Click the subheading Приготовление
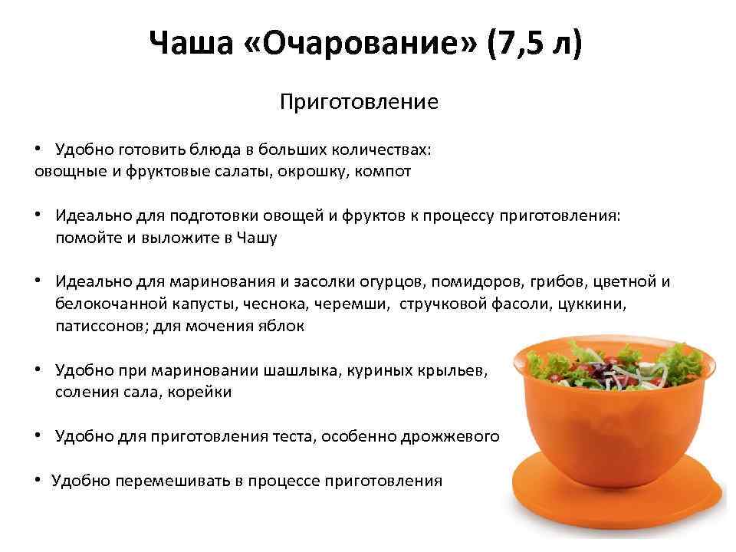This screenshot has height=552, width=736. pyautogui.click(x=359, y=102)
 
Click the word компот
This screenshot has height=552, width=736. pyautogui.click(x=383, y=171)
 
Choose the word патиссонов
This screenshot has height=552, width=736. pyautogui.click(x=101, y=326)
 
